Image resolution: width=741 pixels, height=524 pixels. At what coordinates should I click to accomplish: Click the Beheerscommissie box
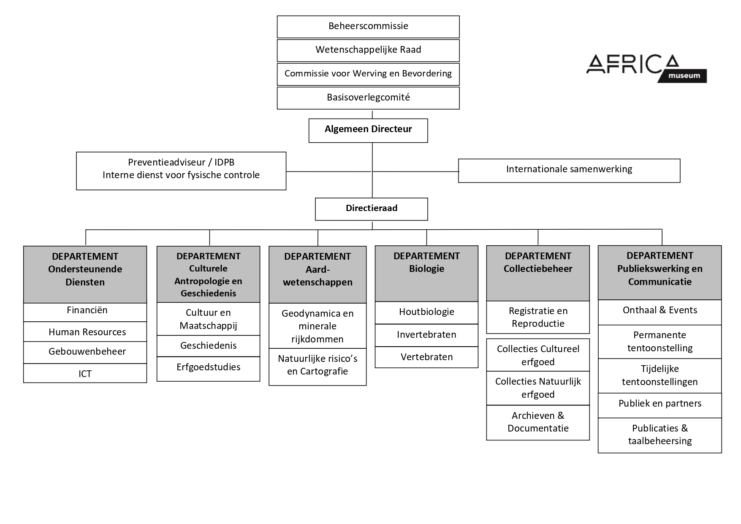pyautogui.click(x=368, y=27)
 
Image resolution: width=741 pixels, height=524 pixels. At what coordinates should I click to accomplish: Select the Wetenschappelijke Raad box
pyautogui.click(x=368, y=50)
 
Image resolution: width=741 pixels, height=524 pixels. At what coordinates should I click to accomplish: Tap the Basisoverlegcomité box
pyautogui.click(x=368, y=98)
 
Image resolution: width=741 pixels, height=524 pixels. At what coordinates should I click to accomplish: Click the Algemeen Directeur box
pyautogui.click(x=368, y=130)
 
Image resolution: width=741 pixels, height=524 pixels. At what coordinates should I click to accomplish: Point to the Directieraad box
pyautogui.click(x=372, y=209)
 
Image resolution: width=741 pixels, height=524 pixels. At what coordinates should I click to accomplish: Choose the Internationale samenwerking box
pyautogui.click(x=569, y=171)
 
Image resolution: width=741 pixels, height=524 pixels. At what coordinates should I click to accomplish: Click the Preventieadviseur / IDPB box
pyautogui.click(x=181, y=171)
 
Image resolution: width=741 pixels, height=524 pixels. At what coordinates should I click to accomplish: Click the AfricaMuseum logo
pyautogui.click(x=646, y=68)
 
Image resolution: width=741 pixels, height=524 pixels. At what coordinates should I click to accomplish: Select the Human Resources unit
pyautogui.click(x=85, y=332)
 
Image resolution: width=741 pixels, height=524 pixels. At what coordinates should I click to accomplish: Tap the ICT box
pyautogui.click(x=85, y=373)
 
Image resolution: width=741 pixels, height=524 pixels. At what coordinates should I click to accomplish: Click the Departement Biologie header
pyautogui.click(x=426, y=274)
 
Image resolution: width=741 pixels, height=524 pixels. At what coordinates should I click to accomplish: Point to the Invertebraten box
pyautogui.click(x=426, y=335)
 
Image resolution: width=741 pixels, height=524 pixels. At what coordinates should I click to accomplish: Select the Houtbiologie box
pyautogui.click(x=426, y=312)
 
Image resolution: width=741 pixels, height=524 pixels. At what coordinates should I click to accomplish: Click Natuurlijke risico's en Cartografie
pyautogui.click(x=318, y=367)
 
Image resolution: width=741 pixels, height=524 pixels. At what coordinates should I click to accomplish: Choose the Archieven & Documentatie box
pyautogui.click(x=538, y=423)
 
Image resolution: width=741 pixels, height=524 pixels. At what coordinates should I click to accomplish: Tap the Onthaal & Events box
pyautogui.click(x=660, y=312)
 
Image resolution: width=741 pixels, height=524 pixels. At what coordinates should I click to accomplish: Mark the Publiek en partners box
pyautogui.click(x=660, y=405)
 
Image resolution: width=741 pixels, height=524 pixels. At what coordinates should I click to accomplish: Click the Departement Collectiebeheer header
pyautogui.click(x=538, y=273)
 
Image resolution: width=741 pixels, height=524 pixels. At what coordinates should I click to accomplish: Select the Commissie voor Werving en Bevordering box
pyautogui.click(x=368, y=74)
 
